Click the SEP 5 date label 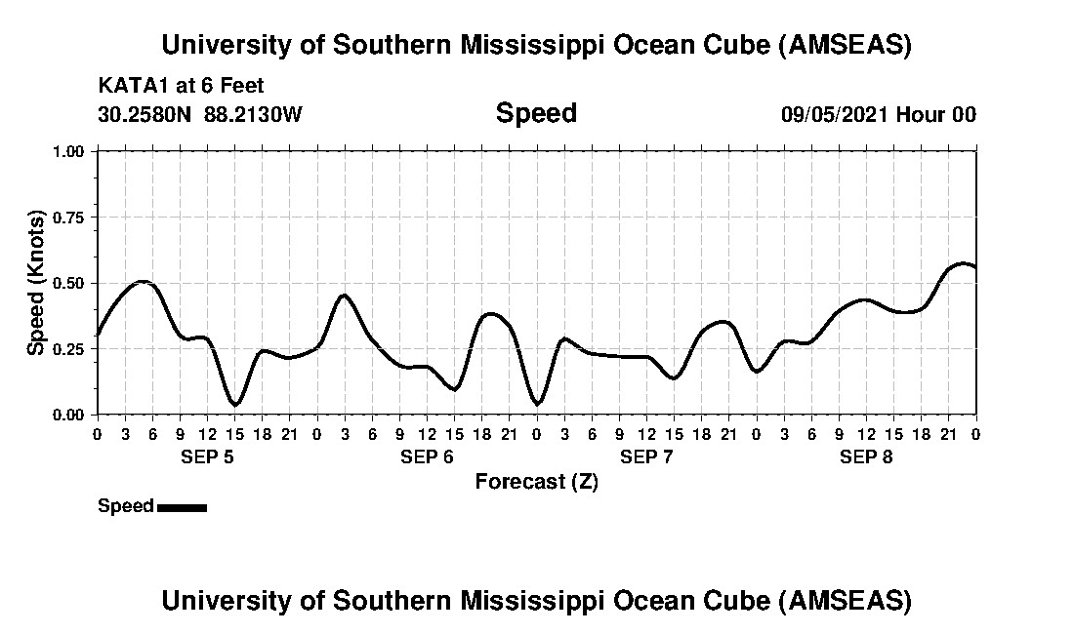click(x=207, y=456)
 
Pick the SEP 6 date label click(x=427, y=456)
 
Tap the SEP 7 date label click(x=646, y=456)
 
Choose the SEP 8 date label click(x=866, y=456)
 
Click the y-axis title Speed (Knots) click(x=36, y=283)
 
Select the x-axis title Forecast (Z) click(x=536, y=482)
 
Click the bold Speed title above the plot click(x=536, y=113)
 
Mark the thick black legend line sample click(x=182, y=507)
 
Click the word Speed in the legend click(x=126, y=506)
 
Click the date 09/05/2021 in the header click(x=835, y=115)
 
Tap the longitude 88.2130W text click(x=254, y=115)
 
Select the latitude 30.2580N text click(x=146, y=115)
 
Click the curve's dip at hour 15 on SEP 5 click(x=234, y=404)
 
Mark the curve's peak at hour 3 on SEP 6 click(x=345, y=295)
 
